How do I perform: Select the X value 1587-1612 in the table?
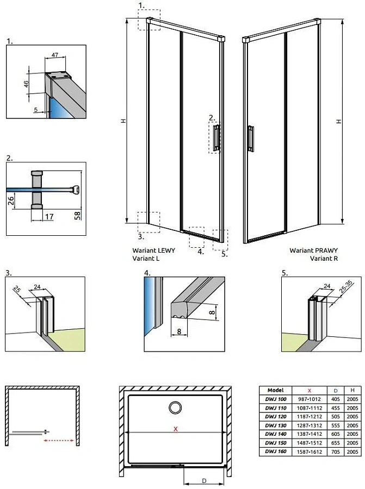pyautogui.click(x=310, y=451)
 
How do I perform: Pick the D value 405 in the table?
pyautogui.click(x=335, y=398)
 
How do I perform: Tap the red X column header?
pyautogui.click(x=310, y=390)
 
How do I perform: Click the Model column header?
pyautogui.click(x=275, y=390)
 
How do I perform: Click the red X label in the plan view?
pyautogui.click(x=175, y=429)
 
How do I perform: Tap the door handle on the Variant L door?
pyautogui.click(x=217, y=137)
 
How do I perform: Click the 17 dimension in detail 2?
pyautogui.click(x=49, y=217)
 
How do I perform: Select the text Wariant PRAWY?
pyautogui.click(x=313, y=250)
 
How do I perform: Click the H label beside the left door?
pyautogui.click(x=123, y=122)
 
